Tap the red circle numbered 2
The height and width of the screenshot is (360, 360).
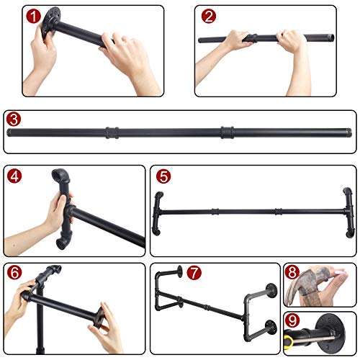click(209, 16)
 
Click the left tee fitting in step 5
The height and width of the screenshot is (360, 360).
click(158, 212)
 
